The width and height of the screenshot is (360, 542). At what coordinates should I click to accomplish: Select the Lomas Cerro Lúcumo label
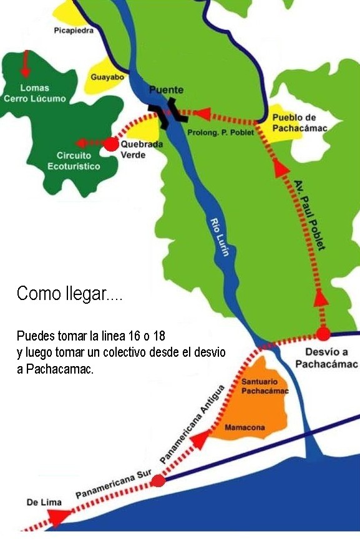34,93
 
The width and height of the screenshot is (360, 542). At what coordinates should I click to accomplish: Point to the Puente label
166,90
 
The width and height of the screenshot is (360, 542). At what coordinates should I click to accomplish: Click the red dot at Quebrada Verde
110,144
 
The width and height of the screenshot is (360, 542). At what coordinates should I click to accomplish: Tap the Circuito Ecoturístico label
74,161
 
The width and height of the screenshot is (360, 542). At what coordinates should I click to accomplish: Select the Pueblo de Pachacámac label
299,123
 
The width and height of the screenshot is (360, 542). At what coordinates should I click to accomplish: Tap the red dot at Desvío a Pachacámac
323,334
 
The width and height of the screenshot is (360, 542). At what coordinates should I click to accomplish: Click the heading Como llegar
69,294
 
